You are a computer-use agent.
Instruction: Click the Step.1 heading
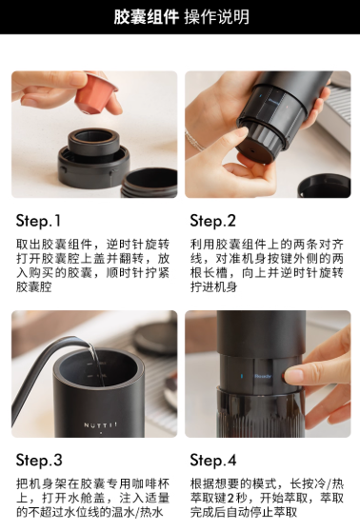point(38,221)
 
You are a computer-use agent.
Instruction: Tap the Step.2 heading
point(213,221)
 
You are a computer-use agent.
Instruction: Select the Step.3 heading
point(39,460)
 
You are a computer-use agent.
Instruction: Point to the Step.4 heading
point(213,460)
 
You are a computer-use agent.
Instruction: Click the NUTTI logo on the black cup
point(100,424)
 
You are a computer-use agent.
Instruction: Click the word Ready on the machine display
point(263,376)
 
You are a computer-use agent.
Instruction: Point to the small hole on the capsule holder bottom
point(253,149)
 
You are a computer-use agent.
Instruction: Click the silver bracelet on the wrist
point(194,141)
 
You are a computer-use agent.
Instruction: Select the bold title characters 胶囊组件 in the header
point(146,17)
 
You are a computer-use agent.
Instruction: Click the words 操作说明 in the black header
point(217,17)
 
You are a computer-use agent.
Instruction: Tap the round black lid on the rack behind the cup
point(154,338)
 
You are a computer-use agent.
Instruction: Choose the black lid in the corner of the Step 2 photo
point(325,186)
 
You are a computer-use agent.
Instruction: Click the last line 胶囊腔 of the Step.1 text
point(34,286)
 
